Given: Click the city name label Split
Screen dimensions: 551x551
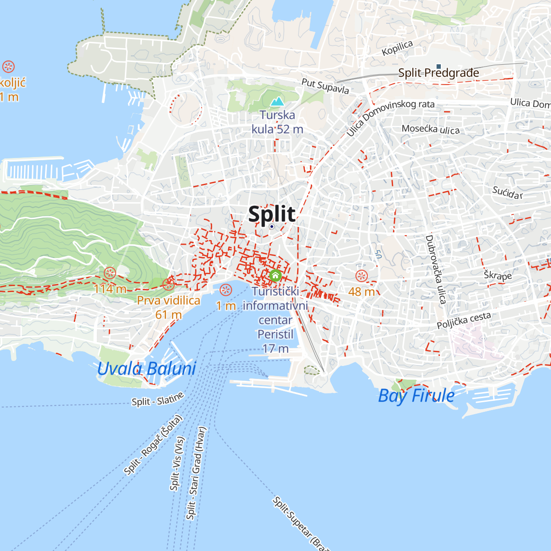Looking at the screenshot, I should (272, 214).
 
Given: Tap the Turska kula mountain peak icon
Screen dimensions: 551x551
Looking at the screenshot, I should (277, 101).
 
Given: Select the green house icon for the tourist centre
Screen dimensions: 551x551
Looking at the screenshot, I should (275, 275).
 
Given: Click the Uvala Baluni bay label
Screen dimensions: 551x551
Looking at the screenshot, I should (146, 369).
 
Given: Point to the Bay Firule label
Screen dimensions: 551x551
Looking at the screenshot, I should (416, 396).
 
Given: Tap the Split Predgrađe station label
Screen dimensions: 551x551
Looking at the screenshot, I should (439, 73).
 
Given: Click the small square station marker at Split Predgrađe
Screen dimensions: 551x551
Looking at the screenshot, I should (439, 67).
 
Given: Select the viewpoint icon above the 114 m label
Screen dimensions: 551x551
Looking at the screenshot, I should (110, 273).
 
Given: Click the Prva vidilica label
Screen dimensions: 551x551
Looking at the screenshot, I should (169, 301).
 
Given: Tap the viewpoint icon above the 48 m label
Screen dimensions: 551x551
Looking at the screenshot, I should (362, 276).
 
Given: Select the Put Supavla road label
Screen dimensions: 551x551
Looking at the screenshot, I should (325, 86).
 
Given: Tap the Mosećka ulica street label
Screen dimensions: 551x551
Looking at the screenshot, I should (431, 129).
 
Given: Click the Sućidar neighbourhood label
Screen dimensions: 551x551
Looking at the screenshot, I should (507, 193).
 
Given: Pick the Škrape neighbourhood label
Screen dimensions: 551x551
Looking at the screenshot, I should (498, 275).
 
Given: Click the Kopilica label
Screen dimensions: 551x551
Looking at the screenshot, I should (398, 48).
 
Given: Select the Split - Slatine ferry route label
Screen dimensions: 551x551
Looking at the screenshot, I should (157, 399).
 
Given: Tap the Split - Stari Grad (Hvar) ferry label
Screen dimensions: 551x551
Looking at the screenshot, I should (197, 473).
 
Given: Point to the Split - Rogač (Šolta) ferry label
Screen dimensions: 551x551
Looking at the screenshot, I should (153, 445).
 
